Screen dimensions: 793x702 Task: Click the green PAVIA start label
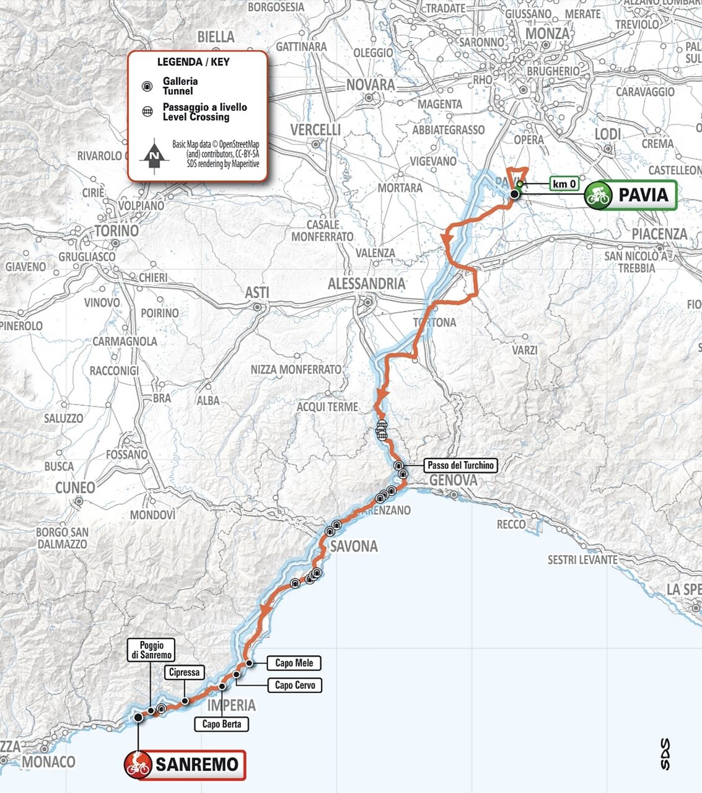tap(630, 195)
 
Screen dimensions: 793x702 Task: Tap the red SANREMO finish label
tap(185, 765)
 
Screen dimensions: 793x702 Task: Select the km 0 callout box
tap(564, 183)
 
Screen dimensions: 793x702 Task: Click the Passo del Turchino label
tap(461, 465)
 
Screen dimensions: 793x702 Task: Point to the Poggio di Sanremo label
tap(151, 649)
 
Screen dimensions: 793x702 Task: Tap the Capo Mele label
tap(294, 663)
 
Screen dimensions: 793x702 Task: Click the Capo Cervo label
tap(295, 685)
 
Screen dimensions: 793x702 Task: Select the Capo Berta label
tap(222, 724)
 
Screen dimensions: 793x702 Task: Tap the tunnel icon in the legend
tap(147, 86)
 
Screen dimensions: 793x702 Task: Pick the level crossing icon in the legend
tap(147, 112)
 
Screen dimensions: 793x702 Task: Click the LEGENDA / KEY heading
tap(193, 62)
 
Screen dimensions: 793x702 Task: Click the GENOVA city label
tap(453, 480)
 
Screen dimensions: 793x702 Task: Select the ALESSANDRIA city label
tap(366, 284)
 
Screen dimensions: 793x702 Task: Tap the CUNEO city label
tap(75, 488)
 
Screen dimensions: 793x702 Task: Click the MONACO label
tap(48, 762)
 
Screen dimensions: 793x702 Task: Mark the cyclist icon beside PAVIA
tap(599, 196)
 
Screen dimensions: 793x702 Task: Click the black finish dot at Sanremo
tap(138, 717)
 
